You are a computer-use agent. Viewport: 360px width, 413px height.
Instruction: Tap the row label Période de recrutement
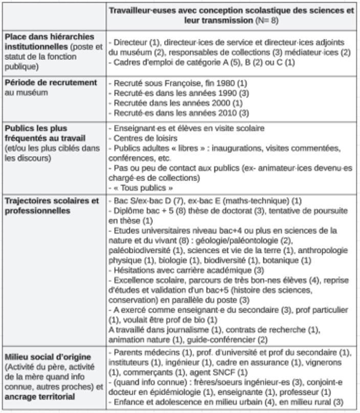pyautogui.click(x=51, y=82)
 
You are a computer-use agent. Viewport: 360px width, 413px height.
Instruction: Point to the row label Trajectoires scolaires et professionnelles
pyautogui.click(x=51, y=205)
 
